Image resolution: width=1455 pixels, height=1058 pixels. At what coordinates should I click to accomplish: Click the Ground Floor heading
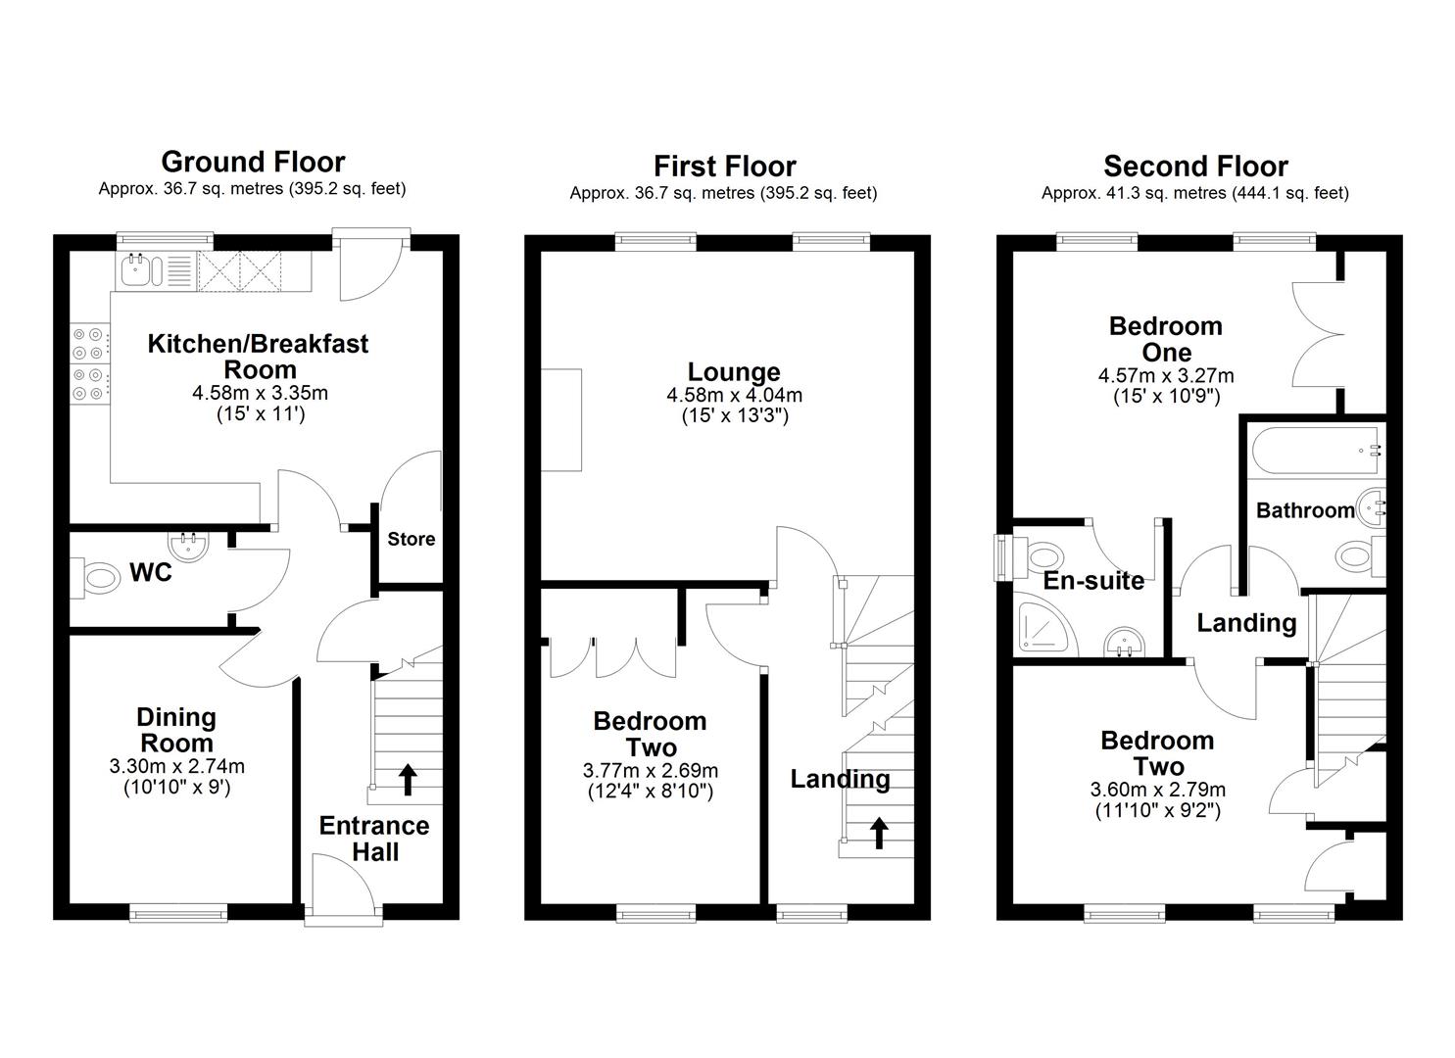253,161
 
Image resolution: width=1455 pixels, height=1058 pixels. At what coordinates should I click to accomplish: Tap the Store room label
412,539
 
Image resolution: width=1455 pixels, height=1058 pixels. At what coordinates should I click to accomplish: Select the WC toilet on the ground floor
95,577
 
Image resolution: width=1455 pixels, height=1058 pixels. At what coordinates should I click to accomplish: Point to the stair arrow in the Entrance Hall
407,780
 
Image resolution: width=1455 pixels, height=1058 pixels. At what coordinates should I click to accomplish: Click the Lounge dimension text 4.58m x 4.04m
734,395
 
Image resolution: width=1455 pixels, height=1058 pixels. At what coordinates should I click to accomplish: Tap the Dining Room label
176,730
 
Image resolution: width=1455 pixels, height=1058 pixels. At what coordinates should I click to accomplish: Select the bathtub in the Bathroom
1315,451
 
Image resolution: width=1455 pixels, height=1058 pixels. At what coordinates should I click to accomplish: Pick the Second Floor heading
1195,167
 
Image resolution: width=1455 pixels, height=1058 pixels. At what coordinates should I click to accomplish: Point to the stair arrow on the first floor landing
879,834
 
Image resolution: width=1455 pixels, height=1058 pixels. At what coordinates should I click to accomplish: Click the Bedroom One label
1166,339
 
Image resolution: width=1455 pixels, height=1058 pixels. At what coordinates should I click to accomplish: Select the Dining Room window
178,912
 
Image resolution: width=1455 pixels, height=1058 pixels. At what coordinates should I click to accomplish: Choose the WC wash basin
188,545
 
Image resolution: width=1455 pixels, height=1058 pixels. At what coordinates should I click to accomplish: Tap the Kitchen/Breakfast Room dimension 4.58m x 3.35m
260,393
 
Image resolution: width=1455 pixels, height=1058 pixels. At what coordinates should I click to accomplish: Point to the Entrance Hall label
374,839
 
